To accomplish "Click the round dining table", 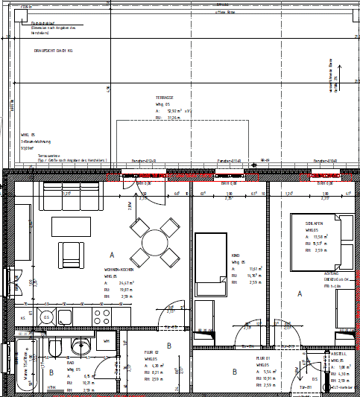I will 154,242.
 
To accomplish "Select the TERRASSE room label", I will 164,98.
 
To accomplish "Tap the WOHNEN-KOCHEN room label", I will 119,270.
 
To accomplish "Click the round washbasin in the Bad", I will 79,345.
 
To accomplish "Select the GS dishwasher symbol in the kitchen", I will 46,318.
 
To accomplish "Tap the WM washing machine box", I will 106,341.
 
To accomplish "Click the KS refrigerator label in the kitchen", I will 23,318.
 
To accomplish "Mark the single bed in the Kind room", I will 209,263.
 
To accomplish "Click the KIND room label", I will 236,255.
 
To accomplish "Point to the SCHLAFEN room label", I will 314,223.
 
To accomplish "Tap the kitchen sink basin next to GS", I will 63,318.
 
